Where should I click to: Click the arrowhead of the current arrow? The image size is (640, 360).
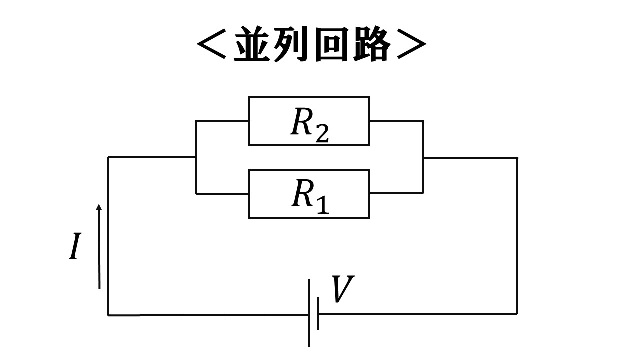pyautogui.click(x=99, y=207)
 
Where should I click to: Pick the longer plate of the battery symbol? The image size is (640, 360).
pyautogui.click(x=309, y=313)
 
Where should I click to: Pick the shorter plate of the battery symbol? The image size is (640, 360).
pyautogui.click(x=318, y=313)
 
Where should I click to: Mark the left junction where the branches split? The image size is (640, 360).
pyautogui.click(x=195, y=157)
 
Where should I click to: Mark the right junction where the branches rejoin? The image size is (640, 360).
pyautogui.click(x=423, y=158)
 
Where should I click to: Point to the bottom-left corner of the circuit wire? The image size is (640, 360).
pyautogui.click(x=108, y=315)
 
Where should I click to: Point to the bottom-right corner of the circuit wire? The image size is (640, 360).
pyautogui.click(x=517, y=314)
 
